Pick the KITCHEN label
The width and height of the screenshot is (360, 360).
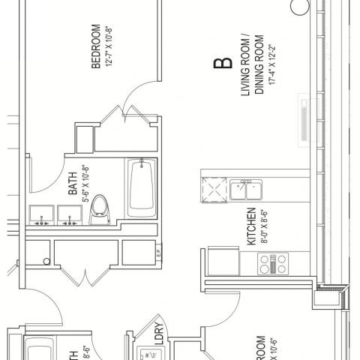pos(252,229)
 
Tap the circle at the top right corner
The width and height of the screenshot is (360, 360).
pos(299,7)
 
